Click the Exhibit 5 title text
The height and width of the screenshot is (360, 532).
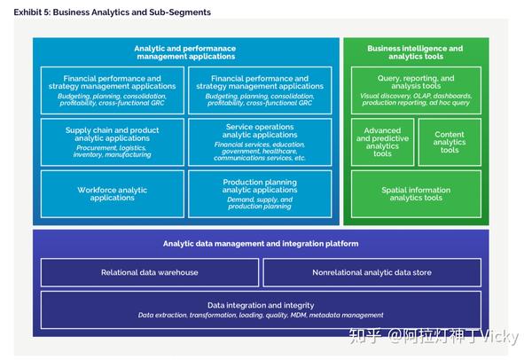coord(112,12)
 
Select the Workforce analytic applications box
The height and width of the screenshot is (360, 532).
coord(113,193)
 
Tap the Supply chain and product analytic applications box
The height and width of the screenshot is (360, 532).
coord(113,142)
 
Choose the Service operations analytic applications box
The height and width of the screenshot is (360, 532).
coord(260,142)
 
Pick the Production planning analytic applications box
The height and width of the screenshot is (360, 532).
coord(260,193)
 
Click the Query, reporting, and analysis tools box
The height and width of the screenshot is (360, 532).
coord(416,90)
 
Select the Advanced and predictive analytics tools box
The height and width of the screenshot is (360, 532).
coord(382,142)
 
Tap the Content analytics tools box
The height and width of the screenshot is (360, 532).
coord(450,142)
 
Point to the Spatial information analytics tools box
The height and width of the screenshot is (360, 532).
coord(416,193)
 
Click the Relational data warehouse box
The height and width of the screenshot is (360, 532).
coord(150,272)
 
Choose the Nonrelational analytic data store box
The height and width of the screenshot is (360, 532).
coord(372,272)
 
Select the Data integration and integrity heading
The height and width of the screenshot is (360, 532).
coord(261,305)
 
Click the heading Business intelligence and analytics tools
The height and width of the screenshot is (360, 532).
coord(415,52)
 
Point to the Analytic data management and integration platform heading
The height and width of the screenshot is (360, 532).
coord(261,244)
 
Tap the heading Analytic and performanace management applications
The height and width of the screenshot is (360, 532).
coord(185,52)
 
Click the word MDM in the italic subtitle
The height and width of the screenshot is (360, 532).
coord(298,315)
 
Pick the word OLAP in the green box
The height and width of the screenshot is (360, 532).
coord(422,96)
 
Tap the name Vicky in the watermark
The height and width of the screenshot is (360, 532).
coord(500,336)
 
